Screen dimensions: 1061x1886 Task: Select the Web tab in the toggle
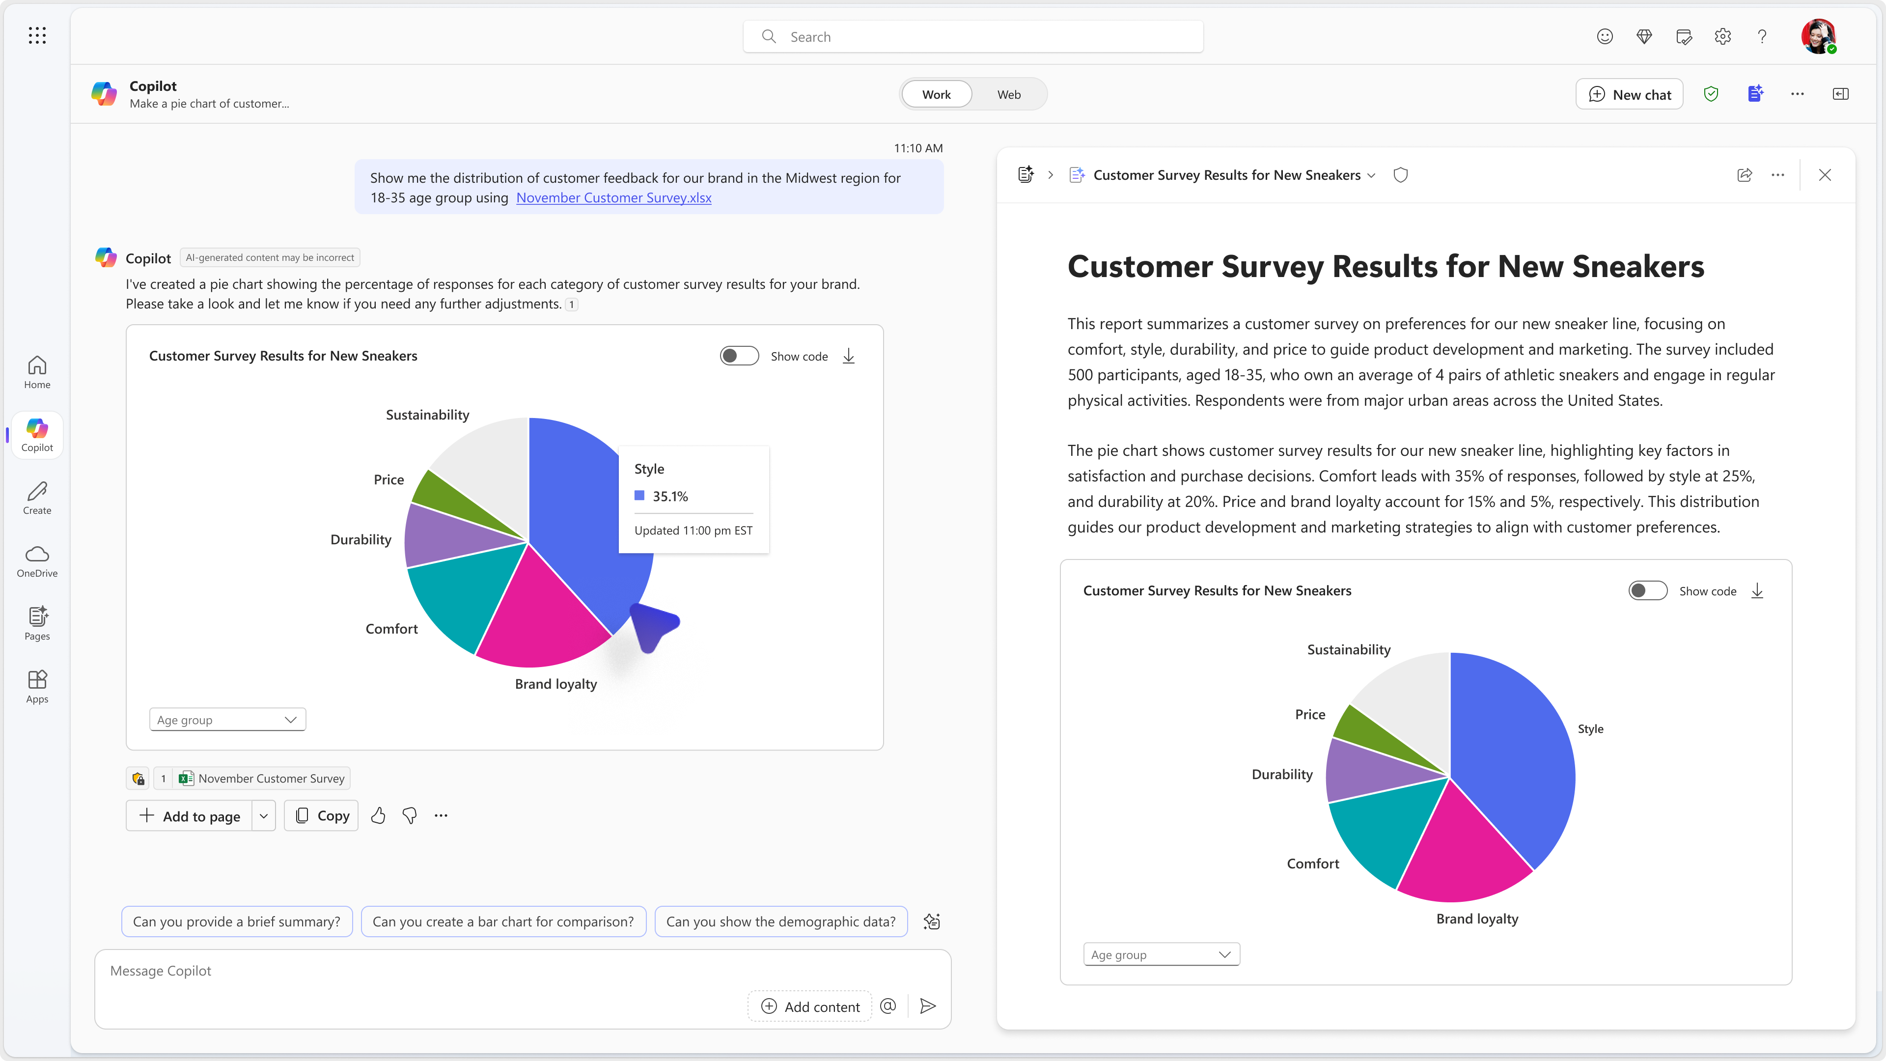[1008, 94]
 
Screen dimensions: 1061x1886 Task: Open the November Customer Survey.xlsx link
[613, 197]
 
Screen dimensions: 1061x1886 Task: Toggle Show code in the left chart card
[739, 356]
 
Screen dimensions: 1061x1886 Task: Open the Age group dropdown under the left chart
[227, 720]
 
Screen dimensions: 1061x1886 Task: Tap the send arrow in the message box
[928, 1006]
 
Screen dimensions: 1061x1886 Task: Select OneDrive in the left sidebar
[37, 561]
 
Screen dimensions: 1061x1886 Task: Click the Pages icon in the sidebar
[37, 624]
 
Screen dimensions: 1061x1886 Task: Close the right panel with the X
[1825, 175]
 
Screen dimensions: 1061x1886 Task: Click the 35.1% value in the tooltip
[670, 497]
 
